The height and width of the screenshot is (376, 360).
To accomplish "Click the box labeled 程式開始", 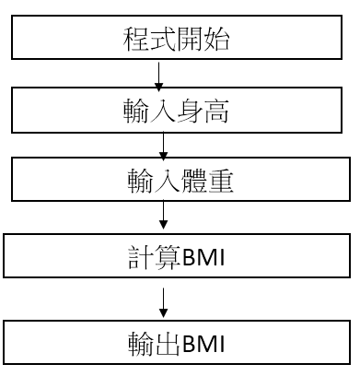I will tap(180, 41).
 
